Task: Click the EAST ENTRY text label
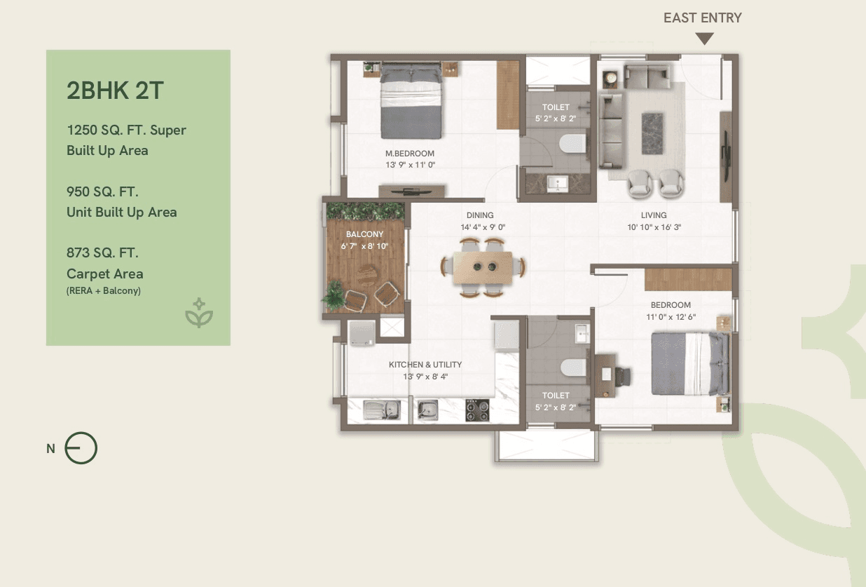pyautogui.click(x=702, y=18)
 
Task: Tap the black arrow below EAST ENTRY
pyautogui.click(x=704, y=39)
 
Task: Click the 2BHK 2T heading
pyautogui.click(x=116, y=90)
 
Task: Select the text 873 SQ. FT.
pyautogui.click(x=103, y=252)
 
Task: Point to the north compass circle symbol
pyautogui.click(x=81, y=449)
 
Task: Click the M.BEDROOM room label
pyautogui.click(x=410, y=154)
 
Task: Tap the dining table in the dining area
pyautogui.click(x=483, y=266)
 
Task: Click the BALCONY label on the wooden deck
pyautogui.click(x=364, y=234)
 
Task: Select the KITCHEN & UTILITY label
pyautogui.click(x=425, y=365)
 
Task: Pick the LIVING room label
pyautogui.click(x=653, y=215)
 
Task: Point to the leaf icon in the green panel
pyautogui.click(x=199, y=313)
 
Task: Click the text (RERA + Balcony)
pyautogui.click(x=104, y=290)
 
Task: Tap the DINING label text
pyautogui.click(x=480, y=215)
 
